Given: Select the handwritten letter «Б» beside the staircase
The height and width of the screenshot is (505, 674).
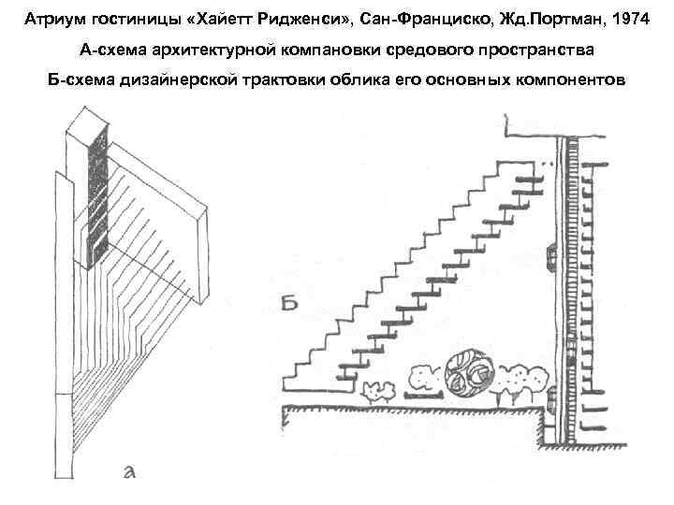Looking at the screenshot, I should click(x=291, y=301).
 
